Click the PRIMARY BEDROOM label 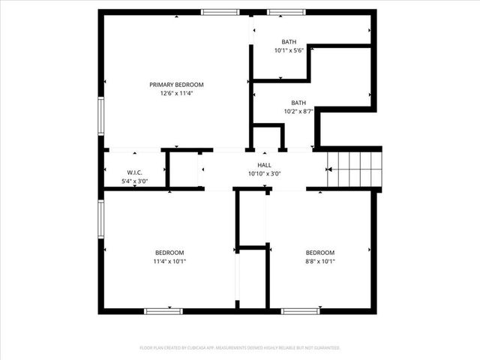coord(176,85)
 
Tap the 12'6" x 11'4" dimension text coord(176,94)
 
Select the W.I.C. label coord(135,172)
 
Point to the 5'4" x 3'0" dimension coord(135,181)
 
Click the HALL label coord(265,165)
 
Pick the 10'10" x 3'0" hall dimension coord(265,174)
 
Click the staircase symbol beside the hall coord(355,168)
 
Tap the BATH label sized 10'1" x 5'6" coord(289,42)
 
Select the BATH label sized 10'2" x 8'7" coord(298,103)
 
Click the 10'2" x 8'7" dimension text coord(298,112)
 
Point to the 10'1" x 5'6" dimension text coord(289,51)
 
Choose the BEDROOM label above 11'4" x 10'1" coord(169,253)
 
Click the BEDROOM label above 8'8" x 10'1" coord(320,253)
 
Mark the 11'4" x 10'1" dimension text coord(169,262)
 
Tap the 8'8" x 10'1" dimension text coord(320,262)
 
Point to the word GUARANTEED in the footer coord(324,348)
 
